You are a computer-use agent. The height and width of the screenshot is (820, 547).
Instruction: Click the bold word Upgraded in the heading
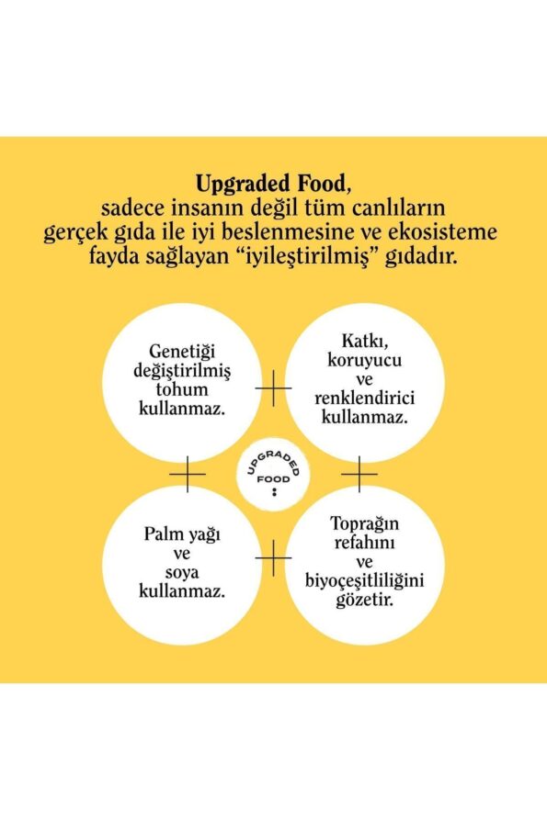[243, 185]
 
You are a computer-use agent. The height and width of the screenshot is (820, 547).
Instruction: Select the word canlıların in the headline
[398, 208]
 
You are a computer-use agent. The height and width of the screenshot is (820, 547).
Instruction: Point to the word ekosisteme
[446, 232]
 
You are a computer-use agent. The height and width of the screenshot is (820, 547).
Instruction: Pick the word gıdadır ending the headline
[421, 257]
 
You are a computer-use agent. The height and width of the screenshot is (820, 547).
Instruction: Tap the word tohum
[182, 389]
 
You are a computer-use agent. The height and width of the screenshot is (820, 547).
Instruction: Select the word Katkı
[364, 341]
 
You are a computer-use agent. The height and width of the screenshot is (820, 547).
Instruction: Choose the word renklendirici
[364, 399]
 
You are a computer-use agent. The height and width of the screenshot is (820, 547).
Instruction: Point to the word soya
[182, 573]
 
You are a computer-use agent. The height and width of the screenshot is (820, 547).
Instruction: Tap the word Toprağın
[364, 524]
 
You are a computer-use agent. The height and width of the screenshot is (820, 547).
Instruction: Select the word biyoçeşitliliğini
[364, 581]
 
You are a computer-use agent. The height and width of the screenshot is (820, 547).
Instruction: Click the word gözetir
[364, 600]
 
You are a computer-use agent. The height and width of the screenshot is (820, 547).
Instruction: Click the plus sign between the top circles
[273, 388]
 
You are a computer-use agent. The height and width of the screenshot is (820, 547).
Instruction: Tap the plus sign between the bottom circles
[273, 558]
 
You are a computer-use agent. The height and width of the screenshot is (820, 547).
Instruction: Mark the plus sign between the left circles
[188, 474]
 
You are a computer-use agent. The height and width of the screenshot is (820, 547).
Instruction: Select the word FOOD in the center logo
[273, 479]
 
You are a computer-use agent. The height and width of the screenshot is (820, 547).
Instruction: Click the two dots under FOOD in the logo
[274, 491]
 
